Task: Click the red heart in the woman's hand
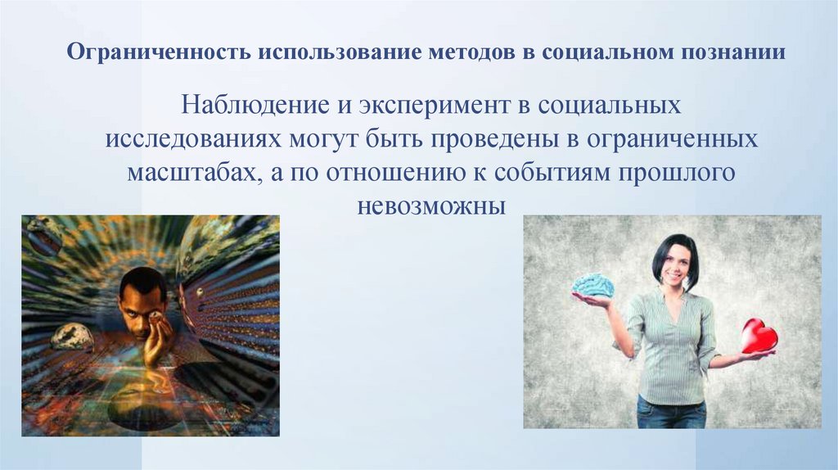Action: (759, 336)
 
